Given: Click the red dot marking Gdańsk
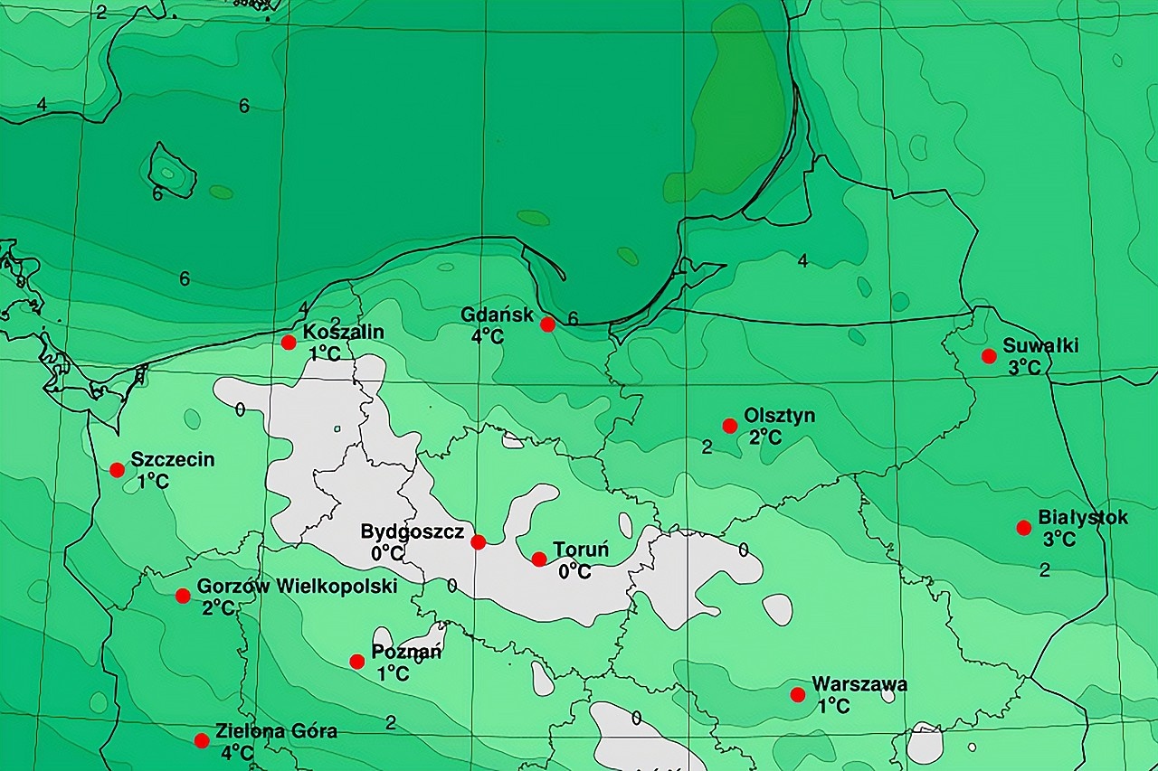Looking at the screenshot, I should (547, 324).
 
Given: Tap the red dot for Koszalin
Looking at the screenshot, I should (289, 342).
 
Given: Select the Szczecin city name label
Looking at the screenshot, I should (173, 459).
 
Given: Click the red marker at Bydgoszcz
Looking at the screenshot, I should (479, 542).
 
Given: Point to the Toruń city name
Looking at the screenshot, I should (581, 550).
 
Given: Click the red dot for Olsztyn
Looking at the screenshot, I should (729, 426).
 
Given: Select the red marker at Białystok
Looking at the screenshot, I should (1023, 528).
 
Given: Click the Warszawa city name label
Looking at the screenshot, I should (859, 684).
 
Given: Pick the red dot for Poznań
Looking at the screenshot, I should (357, 662).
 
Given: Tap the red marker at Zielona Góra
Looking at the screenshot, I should (202, 740).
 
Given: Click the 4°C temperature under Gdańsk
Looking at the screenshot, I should (487, 336).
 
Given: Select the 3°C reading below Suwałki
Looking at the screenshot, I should (1025, 367).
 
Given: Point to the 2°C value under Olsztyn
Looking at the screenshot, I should (765, 437).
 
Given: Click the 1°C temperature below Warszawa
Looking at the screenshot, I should (834, 706).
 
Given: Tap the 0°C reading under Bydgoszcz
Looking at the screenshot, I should (386, 551).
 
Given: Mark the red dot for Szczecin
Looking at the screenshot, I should (117, 470).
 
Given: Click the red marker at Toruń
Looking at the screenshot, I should (539, 559).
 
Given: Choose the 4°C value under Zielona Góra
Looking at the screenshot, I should (237, 752).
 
